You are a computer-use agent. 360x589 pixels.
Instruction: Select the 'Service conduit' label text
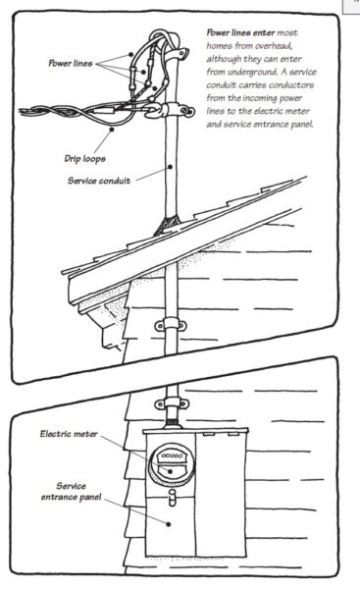[101, 181]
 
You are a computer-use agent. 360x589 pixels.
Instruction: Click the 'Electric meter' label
[72, 433]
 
